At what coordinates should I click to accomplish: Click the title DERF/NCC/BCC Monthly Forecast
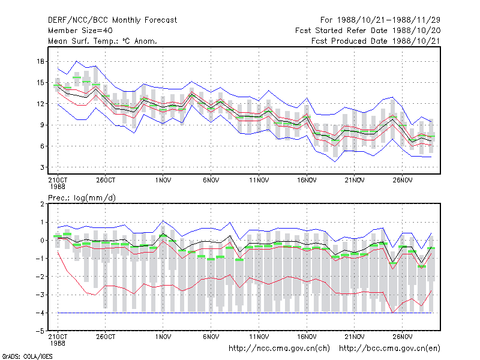coord(112,20)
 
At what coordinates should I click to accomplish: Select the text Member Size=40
coord(80,31)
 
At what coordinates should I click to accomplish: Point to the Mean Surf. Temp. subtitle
coord(102,41)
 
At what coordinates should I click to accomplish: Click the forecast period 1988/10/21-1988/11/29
coord(380,20)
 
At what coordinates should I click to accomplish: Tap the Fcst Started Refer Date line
coord(368,31)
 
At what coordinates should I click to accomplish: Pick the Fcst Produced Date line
coord(376,41)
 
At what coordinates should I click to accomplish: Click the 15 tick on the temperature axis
coord(41,83)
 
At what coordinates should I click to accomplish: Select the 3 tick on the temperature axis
coord(42,167)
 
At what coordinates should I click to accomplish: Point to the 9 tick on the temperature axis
coord(42,125)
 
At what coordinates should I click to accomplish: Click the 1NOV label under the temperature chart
coord(163,180)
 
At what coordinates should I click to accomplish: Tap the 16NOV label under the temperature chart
coord(307,180)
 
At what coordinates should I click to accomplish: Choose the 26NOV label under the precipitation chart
coord(403,337)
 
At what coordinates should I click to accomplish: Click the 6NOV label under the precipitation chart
coord(211,337)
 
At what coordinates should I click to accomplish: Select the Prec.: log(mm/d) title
coord(82,198)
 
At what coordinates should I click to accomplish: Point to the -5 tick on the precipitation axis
coord(40,331)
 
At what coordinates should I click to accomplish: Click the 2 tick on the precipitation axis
coord(42,204)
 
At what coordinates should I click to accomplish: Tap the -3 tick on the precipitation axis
coord(40,295)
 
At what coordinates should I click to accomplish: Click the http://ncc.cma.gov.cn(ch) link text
coord(279,349)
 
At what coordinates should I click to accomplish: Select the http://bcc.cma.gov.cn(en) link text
coord(389,349)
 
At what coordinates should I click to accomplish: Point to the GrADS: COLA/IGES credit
coord(27,356)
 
